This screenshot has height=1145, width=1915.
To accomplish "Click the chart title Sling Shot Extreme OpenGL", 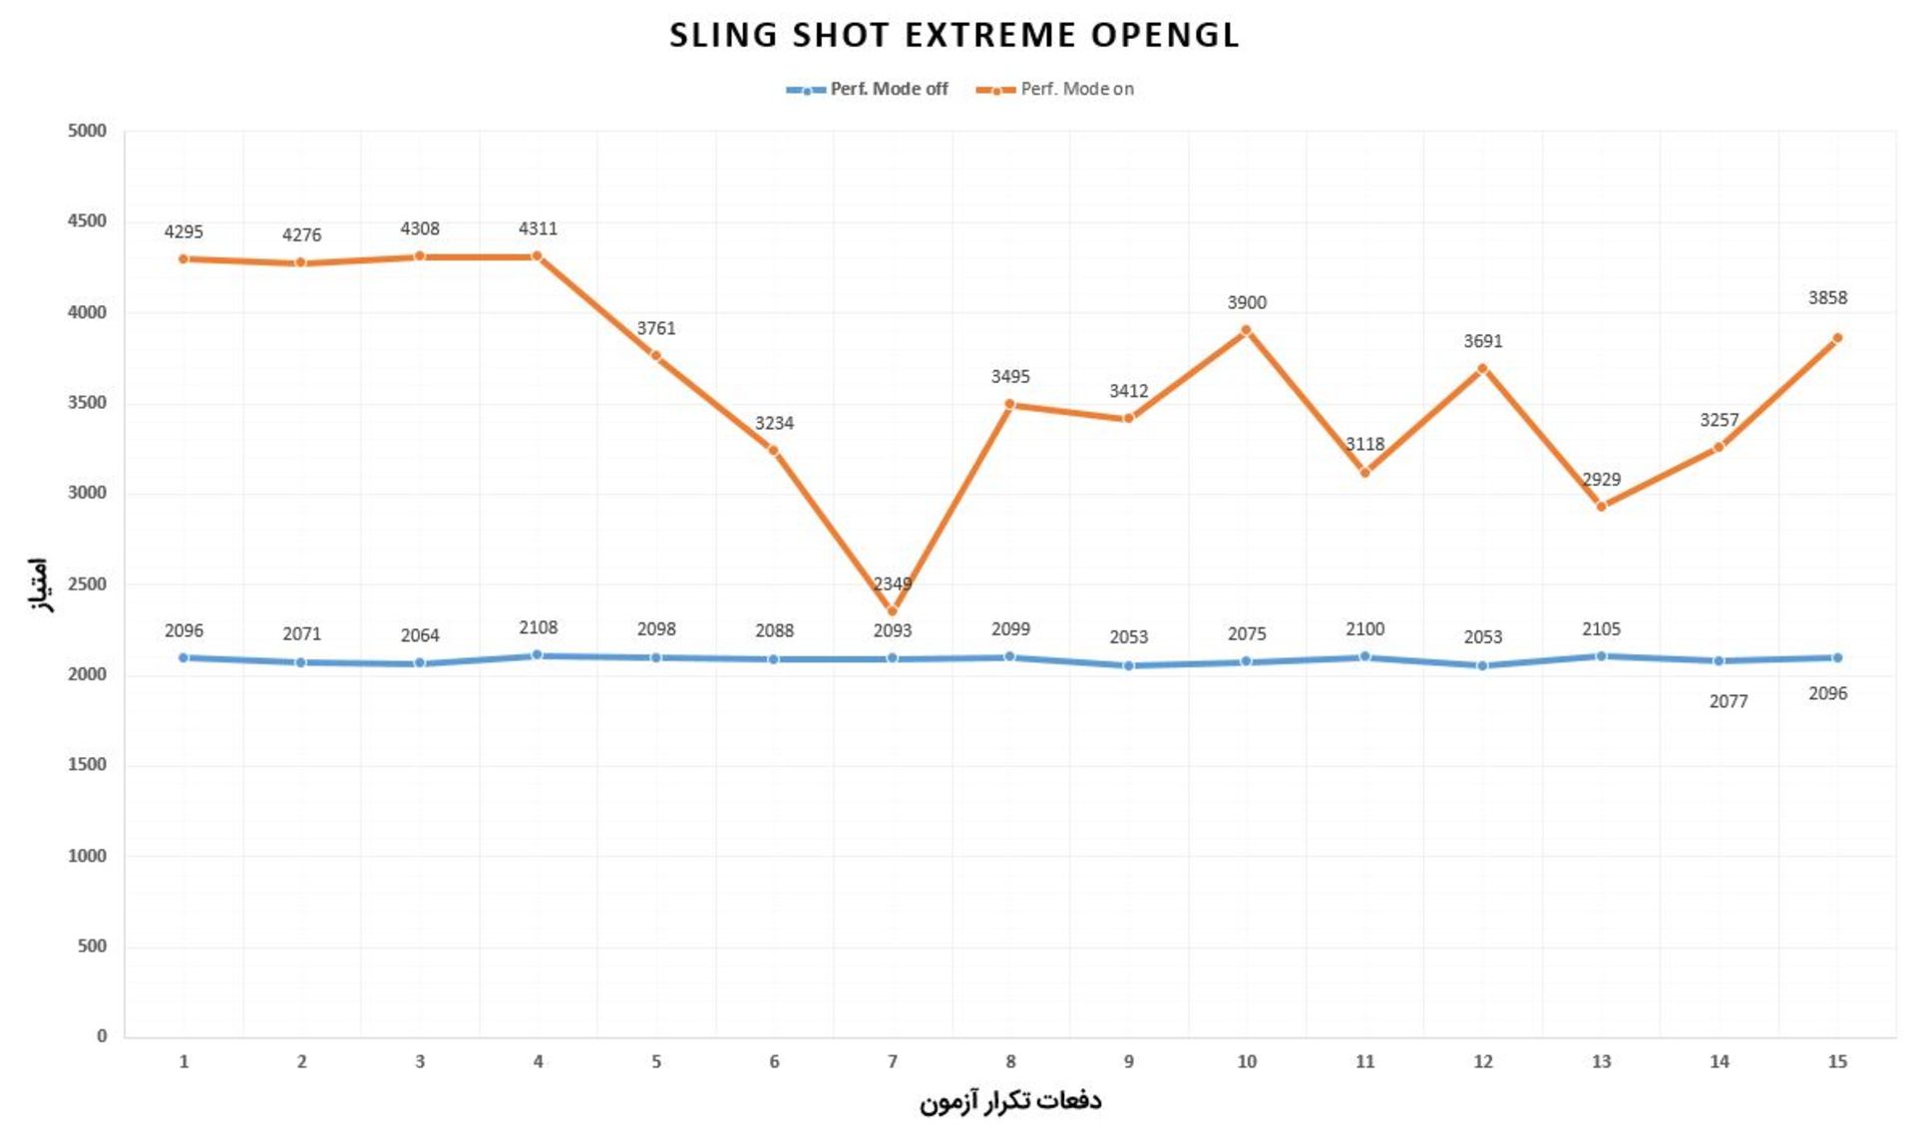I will (955, 36).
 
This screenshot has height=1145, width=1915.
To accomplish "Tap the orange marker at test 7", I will (892, 611).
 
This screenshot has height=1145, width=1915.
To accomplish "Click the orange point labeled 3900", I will (1246, 330).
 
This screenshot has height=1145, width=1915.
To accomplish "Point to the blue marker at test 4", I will (538, 655).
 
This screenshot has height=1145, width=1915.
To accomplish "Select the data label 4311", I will (538, 229).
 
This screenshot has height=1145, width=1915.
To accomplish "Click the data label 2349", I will (892, 584).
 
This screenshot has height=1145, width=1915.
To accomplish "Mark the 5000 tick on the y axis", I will (88, 132).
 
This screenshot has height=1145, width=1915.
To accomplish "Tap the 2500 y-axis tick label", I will (88, 584).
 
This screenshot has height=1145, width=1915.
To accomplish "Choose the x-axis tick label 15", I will (1836, 1062).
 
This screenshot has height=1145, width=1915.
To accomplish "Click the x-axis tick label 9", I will (1128, 1062).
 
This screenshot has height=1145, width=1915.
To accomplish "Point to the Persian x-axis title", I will (1009, 1102).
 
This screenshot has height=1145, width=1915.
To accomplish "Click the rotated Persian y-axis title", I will (37, 584).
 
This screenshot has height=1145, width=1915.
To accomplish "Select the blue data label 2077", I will (1727, 702).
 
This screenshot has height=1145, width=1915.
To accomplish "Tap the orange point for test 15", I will (1836, 339).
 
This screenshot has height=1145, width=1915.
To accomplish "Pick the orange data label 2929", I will (1601, 480).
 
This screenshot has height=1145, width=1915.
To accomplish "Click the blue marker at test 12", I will (1482, 665).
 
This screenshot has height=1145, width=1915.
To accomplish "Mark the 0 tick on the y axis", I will (101, 1037).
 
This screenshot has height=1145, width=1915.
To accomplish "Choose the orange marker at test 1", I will (184, 259).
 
